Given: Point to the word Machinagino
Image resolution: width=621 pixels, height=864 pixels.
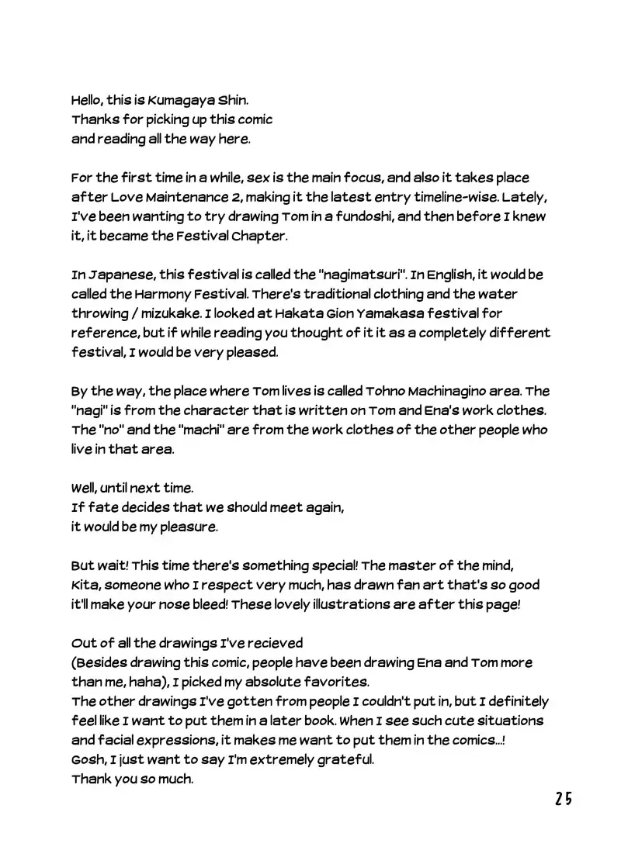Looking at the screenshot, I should pos(433,391).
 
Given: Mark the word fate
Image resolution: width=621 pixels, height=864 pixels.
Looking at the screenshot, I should pos(99,507).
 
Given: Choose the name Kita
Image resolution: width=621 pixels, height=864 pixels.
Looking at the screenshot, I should pos(85,585).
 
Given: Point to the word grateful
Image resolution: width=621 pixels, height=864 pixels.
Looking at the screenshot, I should pos(345,759).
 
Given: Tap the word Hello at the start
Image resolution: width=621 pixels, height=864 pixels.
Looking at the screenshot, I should pos(89,101).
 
